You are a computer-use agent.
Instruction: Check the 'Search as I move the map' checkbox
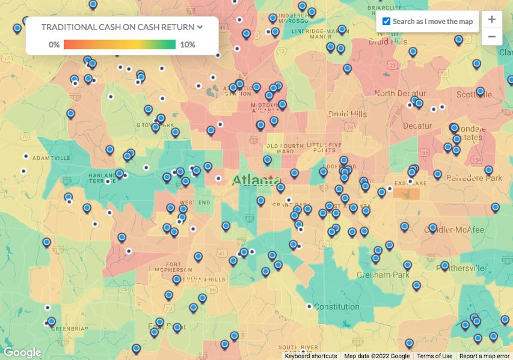click(387, 22)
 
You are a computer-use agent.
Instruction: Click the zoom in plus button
click(491, 19)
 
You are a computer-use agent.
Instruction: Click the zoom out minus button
click(491, 36)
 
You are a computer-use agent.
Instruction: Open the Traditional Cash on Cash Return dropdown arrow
click(200, 27)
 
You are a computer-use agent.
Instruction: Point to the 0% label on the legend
click(54, 44)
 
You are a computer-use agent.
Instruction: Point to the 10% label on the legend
click(187, 44)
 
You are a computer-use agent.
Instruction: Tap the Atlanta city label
click(257, 180)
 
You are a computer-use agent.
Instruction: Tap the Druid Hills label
click(347, 114)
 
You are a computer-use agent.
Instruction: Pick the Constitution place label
click(337, 307)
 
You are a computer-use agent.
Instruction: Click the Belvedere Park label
click(477, 178)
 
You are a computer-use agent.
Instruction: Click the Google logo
click(22, 352)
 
